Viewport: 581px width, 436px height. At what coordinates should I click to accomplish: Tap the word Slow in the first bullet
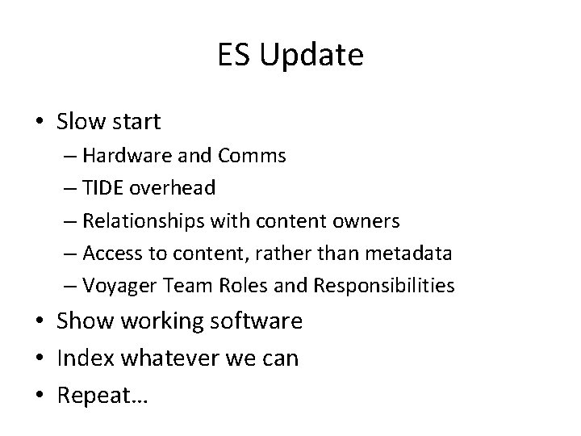(80, 122)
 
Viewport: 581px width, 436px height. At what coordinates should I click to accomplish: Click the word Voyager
(113, 285)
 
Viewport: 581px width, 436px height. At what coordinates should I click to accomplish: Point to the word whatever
(163, 358)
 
